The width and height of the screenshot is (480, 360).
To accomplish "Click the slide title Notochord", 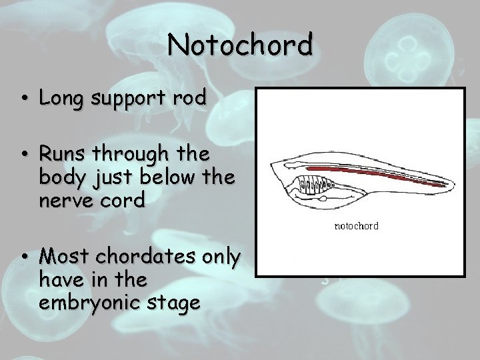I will click(240, 45).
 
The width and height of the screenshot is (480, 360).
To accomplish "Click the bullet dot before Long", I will click(24, 99).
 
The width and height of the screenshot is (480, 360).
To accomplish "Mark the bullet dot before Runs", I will click(24, 155).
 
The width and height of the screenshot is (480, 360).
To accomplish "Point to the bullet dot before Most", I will click(24, 256).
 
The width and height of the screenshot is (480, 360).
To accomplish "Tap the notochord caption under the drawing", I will click(356, 226).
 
